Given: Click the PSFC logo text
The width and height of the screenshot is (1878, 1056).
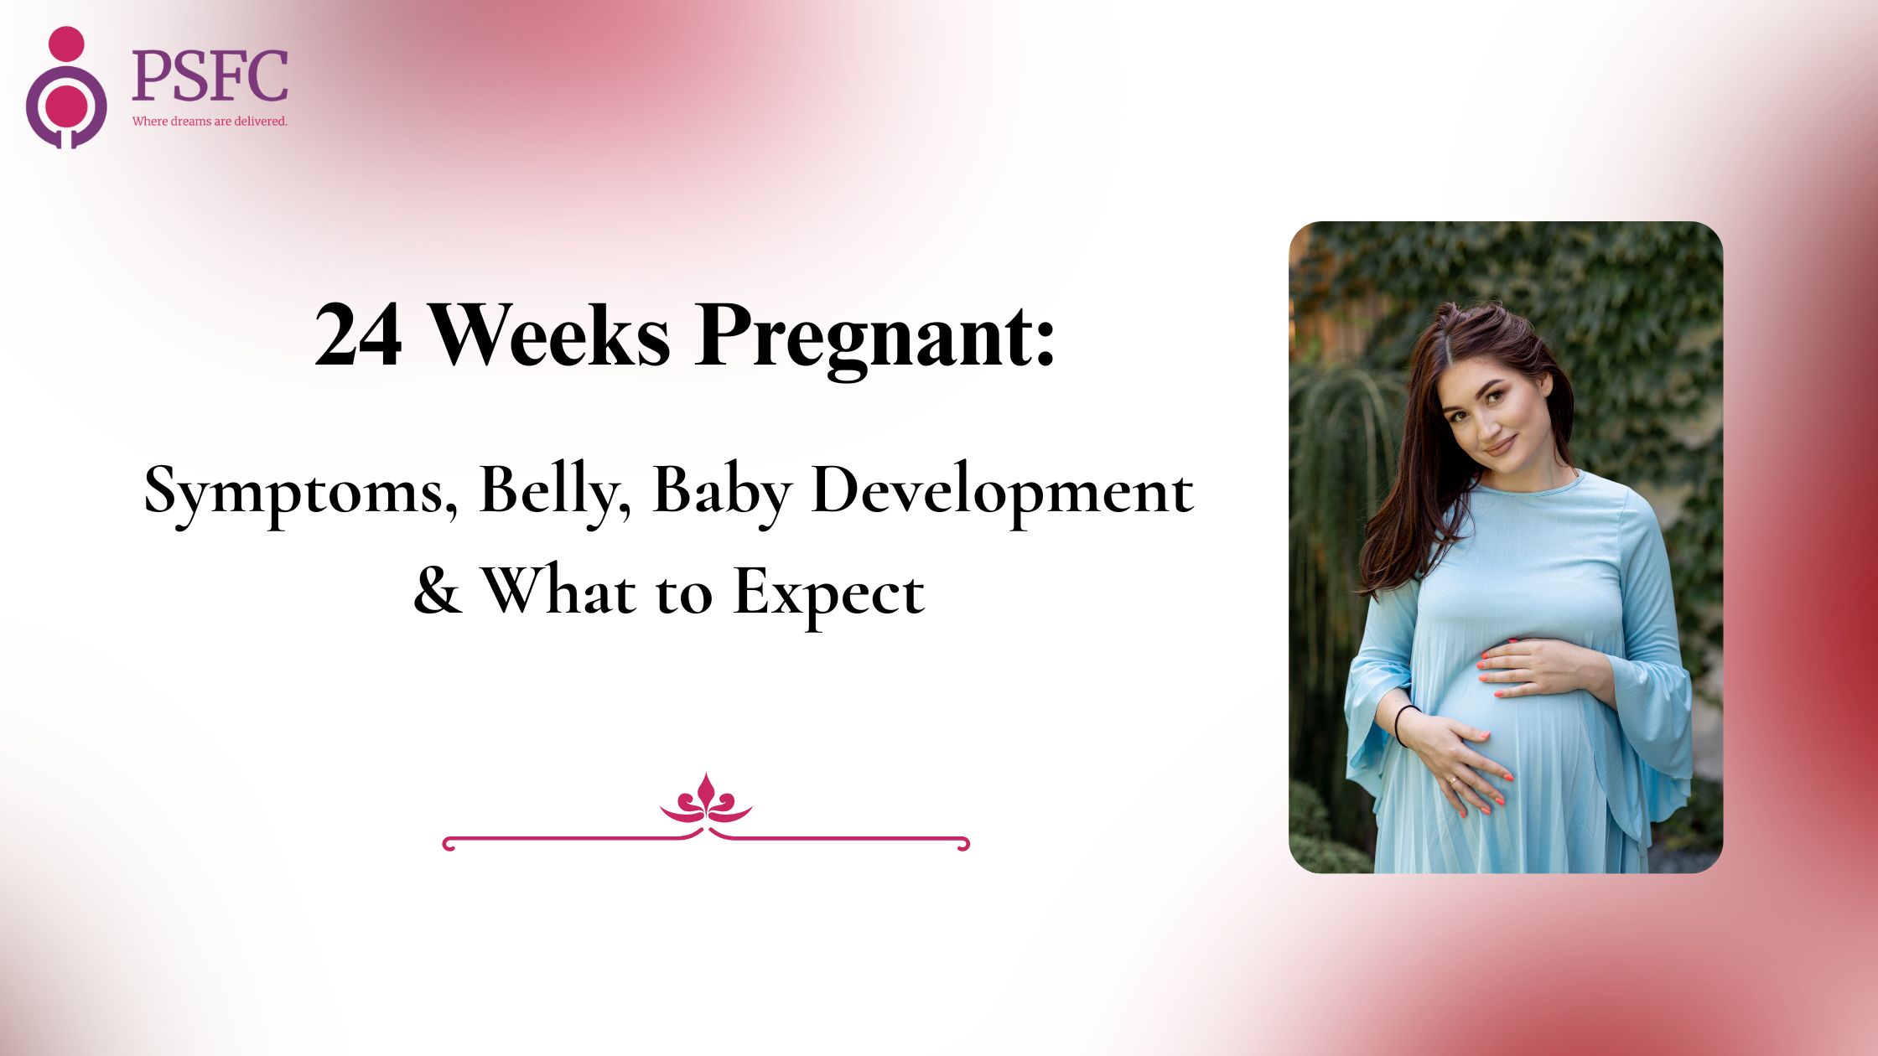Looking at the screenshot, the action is (210, 75).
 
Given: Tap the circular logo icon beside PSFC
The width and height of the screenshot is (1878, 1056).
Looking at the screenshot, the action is (66, 88).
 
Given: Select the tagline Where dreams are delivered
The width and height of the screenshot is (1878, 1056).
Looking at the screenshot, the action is (210, 122).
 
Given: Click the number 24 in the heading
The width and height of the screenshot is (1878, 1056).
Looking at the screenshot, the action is (358, 335).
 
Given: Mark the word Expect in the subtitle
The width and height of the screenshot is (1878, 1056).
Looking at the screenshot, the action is (829, 594).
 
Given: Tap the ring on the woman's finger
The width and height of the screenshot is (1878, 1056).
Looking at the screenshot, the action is (1453, 782).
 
